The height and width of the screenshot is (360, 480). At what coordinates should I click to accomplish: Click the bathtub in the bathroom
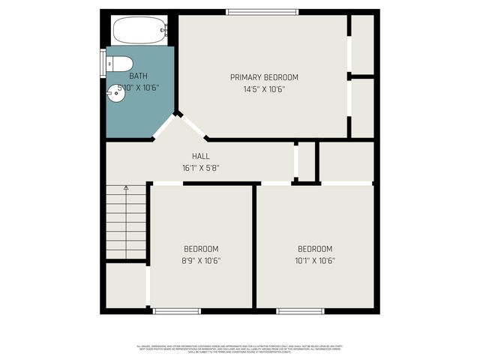(139, 31)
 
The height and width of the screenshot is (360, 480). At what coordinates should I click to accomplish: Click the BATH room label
(139, 76)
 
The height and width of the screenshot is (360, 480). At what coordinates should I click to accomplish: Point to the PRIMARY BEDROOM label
(264, 77)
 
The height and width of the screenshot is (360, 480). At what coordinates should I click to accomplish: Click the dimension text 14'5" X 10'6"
(264, 89)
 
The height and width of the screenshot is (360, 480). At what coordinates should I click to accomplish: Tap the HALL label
(200, 156)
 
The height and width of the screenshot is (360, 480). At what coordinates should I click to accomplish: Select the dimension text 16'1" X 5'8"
(200, 168)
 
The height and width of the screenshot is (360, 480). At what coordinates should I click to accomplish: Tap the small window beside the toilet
(103, 63)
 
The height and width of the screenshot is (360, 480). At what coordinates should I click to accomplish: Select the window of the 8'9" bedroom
(177, 310)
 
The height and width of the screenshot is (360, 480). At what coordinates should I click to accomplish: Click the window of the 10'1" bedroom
(301, 310)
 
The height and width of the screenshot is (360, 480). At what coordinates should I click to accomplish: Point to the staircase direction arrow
(126, 187)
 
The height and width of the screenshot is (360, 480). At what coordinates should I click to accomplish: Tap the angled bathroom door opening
(164, 127)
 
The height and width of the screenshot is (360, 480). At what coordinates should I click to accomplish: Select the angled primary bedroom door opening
(193, 127)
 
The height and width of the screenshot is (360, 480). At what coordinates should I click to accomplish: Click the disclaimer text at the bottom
(240, 348)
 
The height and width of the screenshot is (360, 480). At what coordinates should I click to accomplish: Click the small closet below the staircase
(124, 285)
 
